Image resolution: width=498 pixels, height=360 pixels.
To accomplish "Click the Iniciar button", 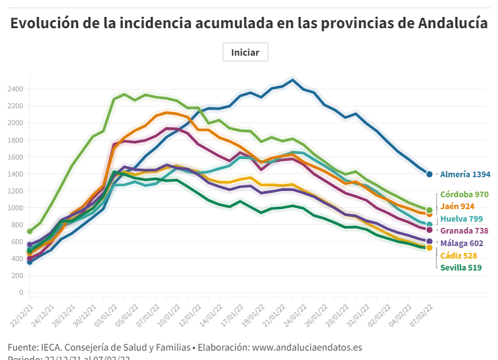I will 245,53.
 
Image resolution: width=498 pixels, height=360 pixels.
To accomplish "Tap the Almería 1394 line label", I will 465,175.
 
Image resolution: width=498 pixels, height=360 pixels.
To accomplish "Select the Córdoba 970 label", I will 464,194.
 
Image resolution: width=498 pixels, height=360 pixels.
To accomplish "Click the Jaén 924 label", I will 457,206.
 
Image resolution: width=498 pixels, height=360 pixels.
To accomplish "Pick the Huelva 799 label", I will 461,219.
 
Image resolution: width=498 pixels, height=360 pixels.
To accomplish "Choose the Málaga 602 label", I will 462,243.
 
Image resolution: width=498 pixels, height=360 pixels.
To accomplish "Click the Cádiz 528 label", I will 459,255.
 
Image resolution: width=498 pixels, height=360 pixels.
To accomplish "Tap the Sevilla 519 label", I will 460,267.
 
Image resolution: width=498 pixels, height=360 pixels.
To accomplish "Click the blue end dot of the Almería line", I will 429,174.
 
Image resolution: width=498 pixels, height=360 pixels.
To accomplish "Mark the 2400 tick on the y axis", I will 16,89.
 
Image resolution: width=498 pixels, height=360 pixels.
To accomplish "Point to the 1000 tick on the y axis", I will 16,208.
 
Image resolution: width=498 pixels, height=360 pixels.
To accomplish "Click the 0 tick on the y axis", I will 21,292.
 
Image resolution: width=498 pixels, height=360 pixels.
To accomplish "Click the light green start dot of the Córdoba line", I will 29,231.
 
